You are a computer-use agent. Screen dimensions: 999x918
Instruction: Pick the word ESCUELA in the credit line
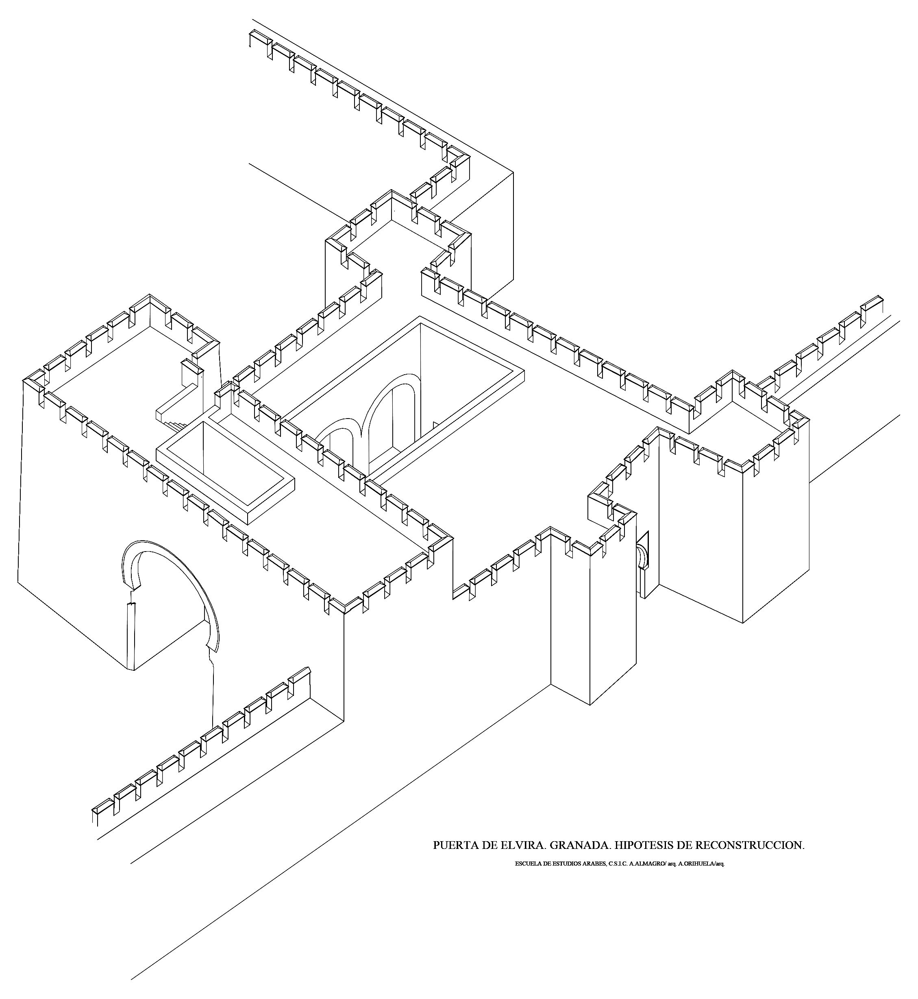(x=528, y=864)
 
